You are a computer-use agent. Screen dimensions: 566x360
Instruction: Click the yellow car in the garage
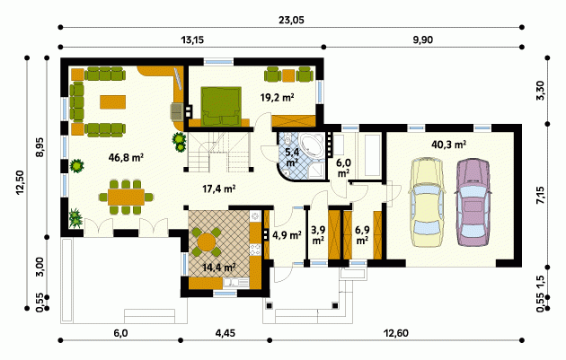426,202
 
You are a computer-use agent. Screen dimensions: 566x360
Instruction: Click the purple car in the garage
473,202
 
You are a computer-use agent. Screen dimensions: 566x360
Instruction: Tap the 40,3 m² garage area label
448,145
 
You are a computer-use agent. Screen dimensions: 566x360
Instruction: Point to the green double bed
221,107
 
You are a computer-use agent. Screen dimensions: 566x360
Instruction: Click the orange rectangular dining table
126,197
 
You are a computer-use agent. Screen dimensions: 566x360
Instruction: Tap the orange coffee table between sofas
113,101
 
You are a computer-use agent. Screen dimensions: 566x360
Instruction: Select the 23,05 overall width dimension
291,21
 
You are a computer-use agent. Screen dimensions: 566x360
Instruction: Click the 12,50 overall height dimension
19,183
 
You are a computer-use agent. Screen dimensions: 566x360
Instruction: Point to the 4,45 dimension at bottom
226,332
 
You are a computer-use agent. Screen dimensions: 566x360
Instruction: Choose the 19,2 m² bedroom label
278,97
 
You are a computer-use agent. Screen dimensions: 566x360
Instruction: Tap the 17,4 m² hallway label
219,189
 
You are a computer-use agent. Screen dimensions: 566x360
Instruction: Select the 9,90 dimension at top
422,40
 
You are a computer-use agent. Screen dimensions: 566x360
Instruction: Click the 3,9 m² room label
318,235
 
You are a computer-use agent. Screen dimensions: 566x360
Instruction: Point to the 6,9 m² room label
362,235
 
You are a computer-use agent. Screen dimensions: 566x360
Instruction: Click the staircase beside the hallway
218,153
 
